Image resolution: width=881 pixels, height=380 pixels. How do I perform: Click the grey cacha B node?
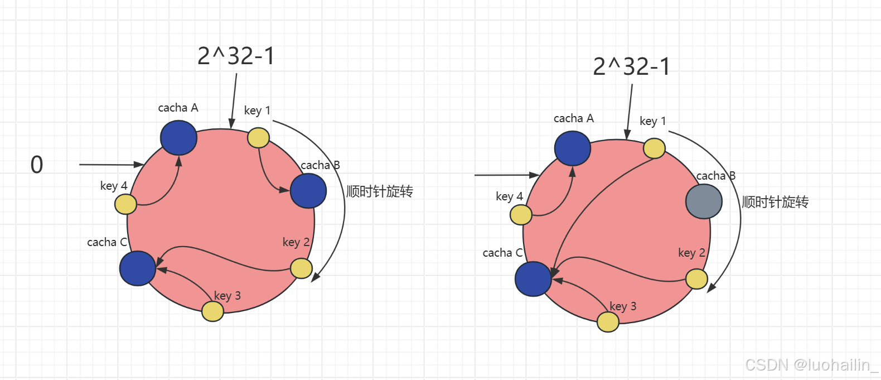(704, 201)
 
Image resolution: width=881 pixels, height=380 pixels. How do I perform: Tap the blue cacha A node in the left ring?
(178, 138)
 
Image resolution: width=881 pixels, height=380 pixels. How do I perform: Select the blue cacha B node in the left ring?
(308, 191)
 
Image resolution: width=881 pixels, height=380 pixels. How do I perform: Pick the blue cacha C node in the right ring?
(533, 279)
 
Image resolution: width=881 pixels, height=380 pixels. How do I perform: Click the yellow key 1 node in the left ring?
(258, 138)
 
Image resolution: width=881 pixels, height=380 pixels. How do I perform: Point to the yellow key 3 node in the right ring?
(608, 322)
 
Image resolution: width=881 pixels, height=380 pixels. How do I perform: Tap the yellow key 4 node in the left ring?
(126, 204)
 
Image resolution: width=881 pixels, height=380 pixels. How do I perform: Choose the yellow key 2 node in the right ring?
(697, 279)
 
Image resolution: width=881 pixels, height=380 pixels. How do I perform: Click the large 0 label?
(37, 165)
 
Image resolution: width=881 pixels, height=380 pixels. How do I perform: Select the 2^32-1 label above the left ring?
(236, 56)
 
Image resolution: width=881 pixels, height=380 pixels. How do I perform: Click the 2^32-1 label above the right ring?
(631, 66)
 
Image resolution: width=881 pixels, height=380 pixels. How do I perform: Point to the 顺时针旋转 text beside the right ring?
(775, 202)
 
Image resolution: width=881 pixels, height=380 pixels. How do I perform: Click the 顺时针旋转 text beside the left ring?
(380, 191)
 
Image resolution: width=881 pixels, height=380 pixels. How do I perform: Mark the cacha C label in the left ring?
(107, 242)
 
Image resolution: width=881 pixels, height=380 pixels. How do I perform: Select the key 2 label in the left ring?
(296, 242)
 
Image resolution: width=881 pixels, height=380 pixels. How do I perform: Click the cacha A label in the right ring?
(574, 118)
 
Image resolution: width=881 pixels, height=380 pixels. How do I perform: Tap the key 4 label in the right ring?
(509, 196)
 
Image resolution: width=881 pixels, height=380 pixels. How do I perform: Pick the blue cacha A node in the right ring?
(573, 148)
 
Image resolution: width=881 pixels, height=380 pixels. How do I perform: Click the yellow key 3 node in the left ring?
(213, 311)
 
